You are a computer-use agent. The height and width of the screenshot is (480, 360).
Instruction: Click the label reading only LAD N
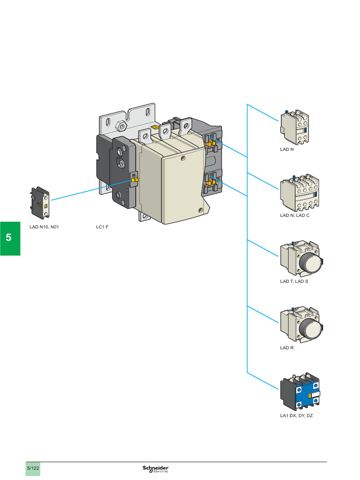[286, 150]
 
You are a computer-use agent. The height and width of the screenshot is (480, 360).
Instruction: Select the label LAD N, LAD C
[294, 215]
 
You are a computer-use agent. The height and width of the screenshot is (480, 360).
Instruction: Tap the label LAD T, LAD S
[294, 282]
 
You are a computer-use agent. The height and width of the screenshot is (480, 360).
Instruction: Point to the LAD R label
[286, 348]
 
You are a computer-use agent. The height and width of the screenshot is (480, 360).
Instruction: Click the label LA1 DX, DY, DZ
[296, 415]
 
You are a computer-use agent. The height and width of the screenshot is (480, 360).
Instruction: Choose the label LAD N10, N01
[44, 227]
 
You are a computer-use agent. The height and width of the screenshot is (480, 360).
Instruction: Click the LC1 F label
[102, 227]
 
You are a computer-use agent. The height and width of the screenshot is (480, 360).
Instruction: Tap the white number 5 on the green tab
[9, 238]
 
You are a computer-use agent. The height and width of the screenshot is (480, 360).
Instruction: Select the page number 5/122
[33, 468]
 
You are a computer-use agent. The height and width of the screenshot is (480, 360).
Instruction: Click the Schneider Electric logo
[156, 469]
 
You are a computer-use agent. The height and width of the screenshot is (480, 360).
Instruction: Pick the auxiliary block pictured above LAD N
[294, 127]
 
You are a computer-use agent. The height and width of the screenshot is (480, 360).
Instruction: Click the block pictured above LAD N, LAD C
[299, 193]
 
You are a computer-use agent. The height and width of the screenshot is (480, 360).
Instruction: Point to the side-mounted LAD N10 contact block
[40, 202]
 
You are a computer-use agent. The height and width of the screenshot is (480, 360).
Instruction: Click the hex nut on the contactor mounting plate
[120, 126]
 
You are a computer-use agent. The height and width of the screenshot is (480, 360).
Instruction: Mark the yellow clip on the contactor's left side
[134, 179]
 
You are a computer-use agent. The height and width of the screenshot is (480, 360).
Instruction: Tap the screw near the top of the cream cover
[183, 158]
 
